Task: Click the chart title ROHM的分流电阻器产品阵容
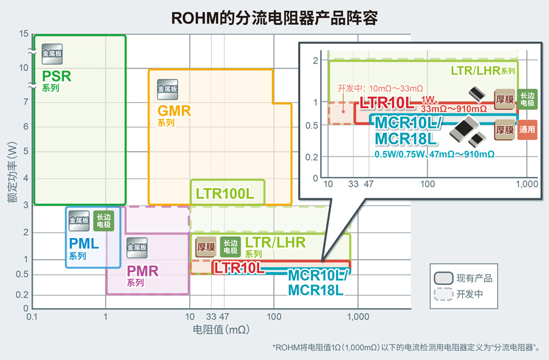click(x=274, y=17)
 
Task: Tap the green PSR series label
click(x=56, y=77)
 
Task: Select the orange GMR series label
click(x=174, y=110)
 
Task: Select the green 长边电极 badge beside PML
click(x=104, y=221)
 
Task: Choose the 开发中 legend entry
click(x=470, y=295)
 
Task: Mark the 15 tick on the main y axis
click(x=24, y=34)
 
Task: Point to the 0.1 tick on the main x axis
click(x=33, y=316)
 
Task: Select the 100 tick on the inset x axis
click(x=428, y=184)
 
